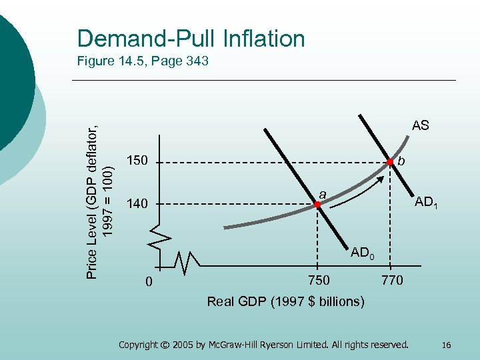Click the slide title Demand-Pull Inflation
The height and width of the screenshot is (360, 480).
click(191, 38)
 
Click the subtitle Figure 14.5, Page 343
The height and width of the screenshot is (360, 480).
click(143, 61)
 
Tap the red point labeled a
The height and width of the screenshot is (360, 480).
click(318, 204)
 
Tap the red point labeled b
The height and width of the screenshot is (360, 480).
click(390, 162)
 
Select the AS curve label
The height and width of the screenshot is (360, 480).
click(420, 125)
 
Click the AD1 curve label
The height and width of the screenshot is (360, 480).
click(426, 202)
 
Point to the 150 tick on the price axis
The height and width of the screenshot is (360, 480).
click(137, 161)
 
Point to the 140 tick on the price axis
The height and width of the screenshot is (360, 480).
click(137, 204)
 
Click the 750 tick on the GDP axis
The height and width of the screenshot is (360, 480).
click(318, 280)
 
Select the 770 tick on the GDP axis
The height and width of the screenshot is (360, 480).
click(392, 281)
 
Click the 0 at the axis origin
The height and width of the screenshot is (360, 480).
click(149, 282)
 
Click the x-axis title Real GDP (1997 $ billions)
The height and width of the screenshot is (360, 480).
click(285, 301)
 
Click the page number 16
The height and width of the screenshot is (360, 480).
click(447, 345)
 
